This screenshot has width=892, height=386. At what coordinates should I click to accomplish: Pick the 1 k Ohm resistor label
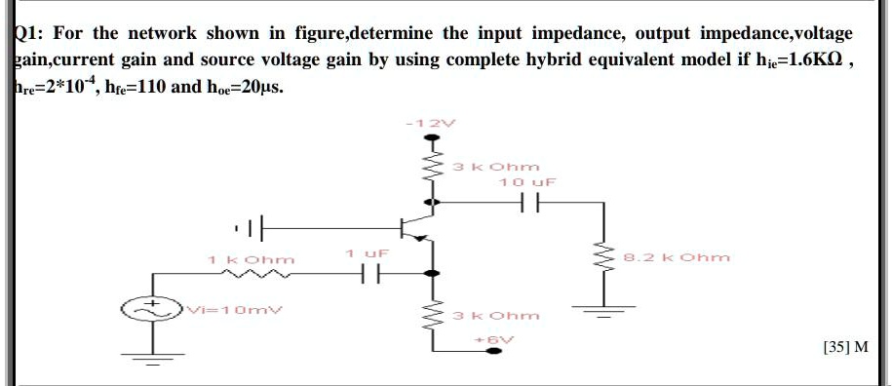coord(251,259)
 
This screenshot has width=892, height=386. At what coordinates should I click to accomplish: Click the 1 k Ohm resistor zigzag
coord(251,276)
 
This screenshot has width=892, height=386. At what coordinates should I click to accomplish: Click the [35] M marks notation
coord(845,347)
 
